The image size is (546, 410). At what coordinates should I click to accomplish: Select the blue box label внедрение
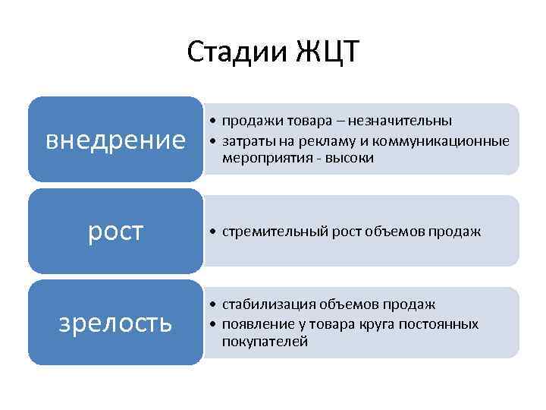point(115,140)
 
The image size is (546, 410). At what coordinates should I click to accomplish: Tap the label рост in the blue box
point(115,232)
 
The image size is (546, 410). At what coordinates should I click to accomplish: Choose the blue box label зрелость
point(115,323)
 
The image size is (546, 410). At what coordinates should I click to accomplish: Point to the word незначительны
point(410,121)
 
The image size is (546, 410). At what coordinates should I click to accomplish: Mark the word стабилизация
point(262,304)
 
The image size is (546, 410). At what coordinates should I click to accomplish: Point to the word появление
point(251,323)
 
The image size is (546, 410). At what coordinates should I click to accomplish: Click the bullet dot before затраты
point(214,140)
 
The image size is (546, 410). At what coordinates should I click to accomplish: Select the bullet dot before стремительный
point(214,232)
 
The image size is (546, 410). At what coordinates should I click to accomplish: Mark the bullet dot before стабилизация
point(214,304)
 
